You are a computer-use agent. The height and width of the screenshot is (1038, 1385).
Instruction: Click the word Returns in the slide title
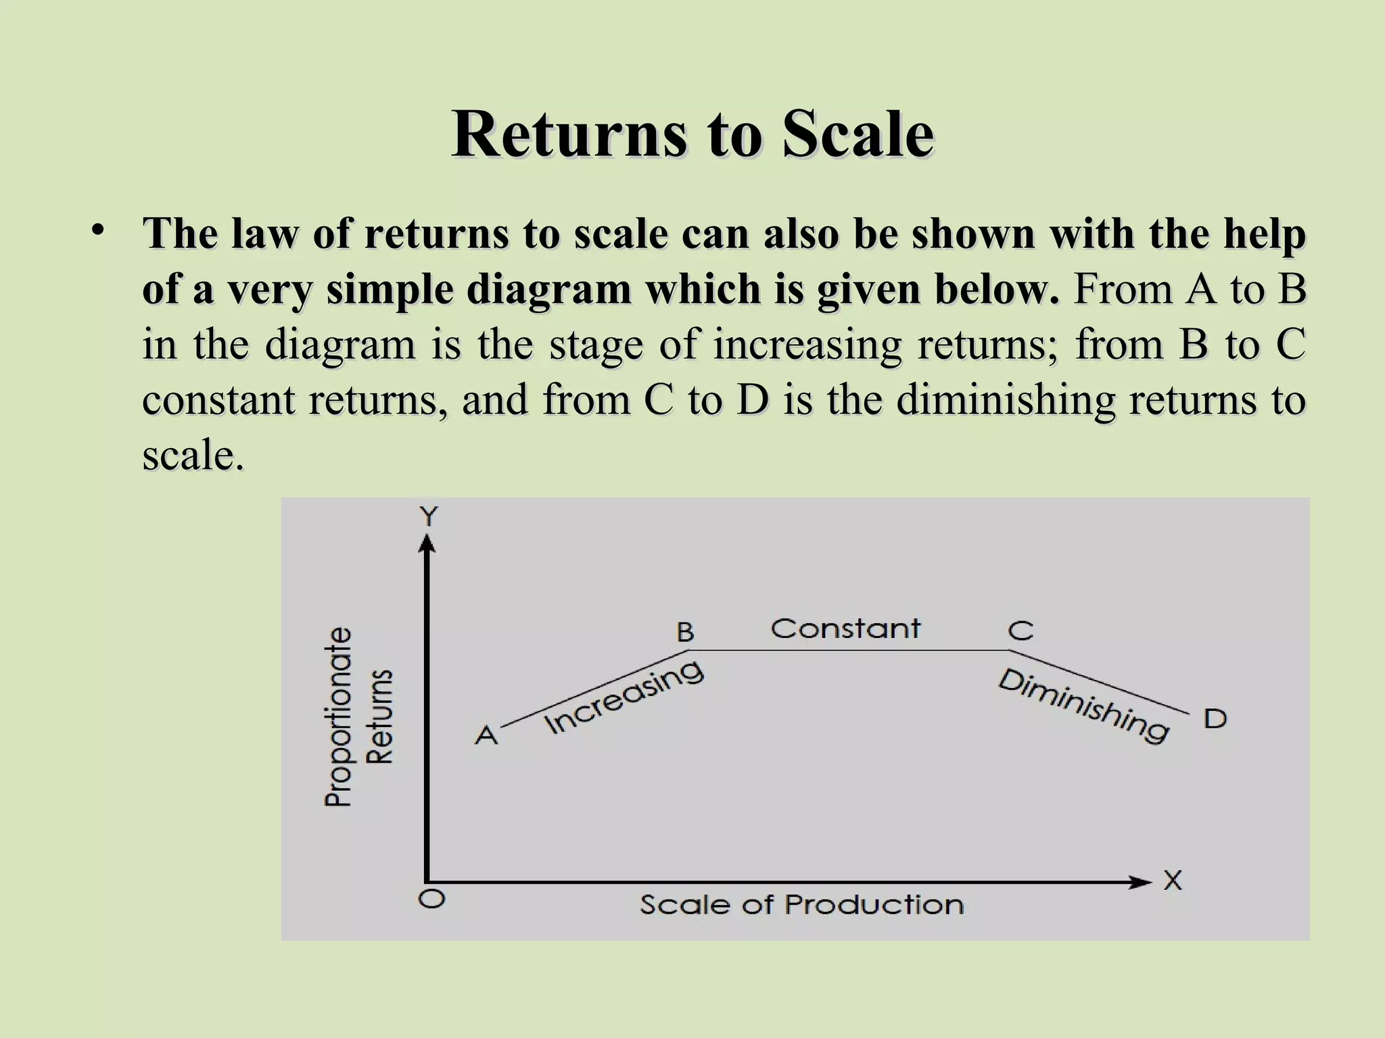[570, 134]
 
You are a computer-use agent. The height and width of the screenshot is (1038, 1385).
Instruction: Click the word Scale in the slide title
[858, 134]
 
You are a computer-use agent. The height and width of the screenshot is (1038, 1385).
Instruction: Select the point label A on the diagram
[486, 735]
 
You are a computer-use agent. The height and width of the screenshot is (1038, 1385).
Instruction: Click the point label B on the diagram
[685, 633]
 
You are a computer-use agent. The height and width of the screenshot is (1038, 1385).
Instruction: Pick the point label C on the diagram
[1020, 631]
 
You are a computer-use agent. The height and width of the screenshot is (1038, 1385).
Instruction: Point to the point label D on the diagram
[1215, 719]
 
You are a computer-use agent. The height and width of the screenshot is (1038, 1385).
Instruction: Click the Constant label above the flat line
[845, 628]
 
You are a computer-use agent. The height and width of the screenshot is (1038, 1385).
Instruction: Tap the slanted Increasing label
[624, 697]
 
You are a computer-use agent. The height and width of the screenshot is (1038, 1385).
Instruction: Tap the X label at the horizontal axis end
[1173, 881]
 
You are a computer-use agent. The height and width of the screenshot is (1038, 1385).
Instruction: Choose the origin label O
[432, 899]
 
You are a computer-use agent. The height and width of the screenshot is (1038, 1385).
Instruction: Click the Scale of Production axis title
[802, 905]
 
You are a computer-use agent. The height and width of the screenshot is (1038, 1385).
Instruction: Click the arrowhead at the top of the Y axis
[427, 543]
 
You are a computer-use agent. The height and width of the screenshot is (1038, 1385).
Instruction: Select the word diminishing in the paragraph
[1006, 399]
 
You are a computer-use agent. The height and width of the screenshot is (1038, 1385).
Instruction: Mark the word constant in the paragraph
[218, 399]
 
